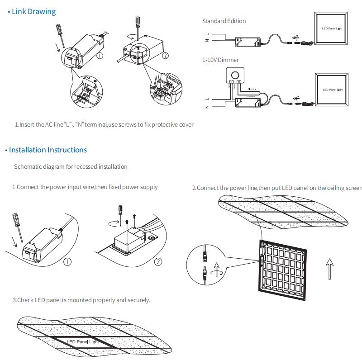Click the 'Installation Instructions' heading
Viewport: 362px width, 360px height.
click(x=48, y=150)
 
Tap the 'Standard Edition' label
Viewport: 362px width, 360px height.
click(x=224, y=21)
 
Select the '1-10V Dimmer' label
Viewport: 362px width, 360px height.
click(x=220, y=60)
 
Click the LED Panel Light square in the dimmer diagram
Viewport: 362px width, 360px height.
click(x=333, y=90)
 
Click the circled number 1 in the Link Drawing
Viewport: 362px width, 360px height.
click(x=100, y=55)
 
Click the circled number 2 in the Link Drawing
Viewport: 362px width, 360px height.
click(x=165, y=56)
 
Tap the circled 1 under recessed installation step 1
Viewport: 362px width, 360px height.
click(x=67, y=261)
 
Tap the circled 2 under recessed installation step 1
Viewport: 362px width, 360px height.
click(x=158, y=261)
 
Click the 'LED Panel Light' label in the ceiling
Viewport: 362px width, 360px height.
click(x=83, y=342)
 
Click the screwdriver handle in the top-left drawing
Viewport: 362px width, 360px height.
click(x=58, y=29)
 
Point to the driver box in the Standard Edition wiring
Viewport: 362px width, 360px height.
click(x=247, y=43)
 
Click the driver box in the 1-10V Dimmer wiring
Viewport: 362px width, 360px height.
click(x=247, y=104)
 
